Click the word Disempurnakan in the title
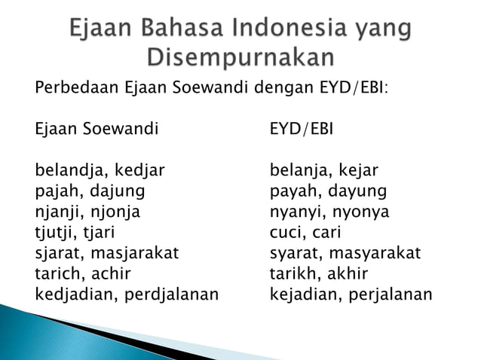click(240, 57)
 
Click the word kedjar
click(139, 170)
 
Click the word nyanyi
click(294, 212)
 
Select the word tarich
click(56, 273)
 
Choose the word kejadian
click(305, 294)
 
